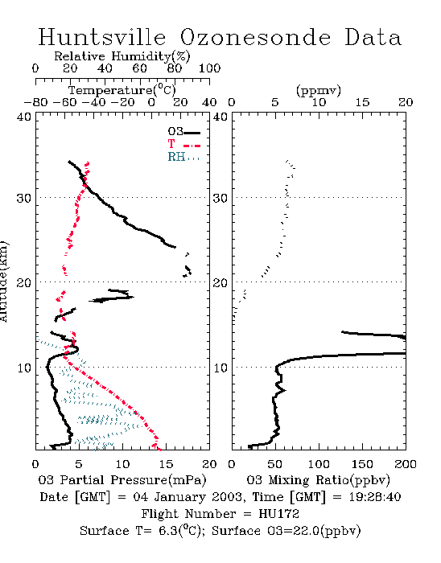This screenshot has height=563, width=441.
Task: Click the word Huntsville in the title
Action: pyautogui.click(x=102, y=37)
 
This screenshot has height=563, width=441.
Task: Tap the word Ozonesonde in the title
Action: pyautogui.click(x=255, y=37)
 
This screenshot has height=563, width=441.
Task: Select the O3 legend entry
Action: pyautogui.click(x=183, y=132)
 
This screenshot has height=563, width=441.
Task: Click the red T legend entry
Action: pyautogui.click(x=183, y=144)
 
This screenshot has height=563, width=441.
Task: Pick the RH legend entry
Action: pyautogui.click(x=183, y=157)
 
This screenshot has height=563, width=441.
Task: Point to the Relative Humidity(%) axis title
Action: pyautogui.click(x=122, y=56)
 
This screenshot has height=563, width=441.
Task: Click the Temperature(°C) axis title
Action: pyautogui.click(x=122, y=90)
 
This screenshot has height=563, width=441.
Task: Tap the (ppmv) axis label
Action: pyautogui.click(x=319, y=90)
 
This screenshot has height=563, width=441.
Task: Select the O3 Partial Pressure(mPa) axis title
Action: pyautogui.click(x=122, y=480)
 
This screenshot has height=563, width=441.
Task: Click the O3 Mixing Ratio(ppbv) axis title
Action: pyautogui.click(x=318, y=480)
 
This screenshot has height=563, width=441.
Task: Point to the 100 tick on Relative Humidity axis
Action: pyautogui.click(x=209, y=68)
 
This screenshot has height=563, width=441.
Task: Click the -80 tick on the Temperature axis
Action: pyautogui.click(x=35, y=102)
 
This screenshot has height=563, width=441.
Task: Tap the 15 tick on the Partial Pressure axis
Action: pyautogui.click(x=166, y=464)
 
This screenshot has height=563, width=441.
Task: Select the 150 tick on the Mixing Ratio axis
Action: pyautogui.click(x=362, y=464)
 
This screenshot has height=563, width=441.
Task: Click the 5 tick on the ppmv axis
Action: pyautogui.click(x=275, y=102)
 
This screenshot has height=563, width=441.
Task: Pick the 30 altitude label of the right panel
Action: pyautogui.click(x=220, y=198)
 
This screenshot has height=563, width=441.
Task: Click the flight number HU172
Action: pyautogui.click(x=278, y=514)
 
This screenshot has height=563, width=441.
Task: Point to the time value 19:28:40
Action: pyautogui.click(x=375, y=497)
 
